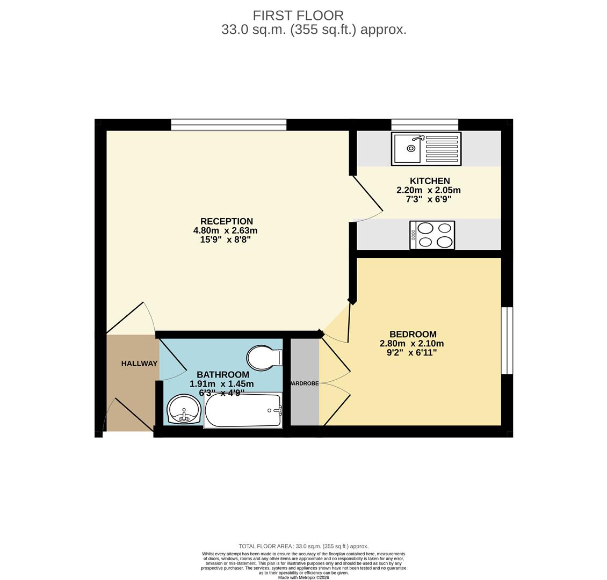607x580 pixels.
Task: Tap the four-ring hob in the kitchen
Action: click(432, 235)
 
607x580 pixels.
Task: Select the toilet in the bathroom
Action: click(264, 358)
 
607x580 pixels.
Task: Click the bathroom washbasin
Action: click(183, 410)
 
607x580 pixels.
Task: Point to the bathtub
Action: click(243, 411)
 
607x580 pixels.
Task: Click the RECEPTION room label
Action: click(226, 221)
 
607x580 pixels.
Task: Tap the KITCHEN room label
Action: click(429, 181)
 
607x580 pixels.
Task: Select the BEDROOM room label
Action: click(413, 334)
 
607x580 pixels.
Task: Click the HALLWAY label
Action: click(139, 364)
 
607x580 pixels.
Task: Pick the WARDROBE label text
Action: click(304, 383)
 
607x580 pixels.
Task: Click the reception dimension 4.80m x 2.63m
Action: click(225, 230)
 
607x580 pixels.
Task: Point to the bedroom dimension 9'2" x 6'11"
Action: click(411, 353)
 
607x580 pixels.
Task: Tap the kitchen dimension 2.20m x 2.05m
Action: click(428, 190)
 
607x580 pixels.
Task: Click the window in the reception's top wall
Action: click(228, 125)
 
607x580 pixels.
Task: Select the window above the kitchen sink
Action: click(424, 124)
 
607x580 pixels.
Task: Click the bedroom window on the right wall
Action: click(507, 340)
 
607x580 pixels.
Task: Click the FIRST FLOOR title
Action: click(298, 16)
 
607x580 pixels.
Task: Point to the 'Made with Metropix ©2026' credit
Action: click(303, 577)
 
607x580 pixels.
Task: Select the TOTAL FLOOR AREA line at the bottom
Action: click(303, 546)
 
